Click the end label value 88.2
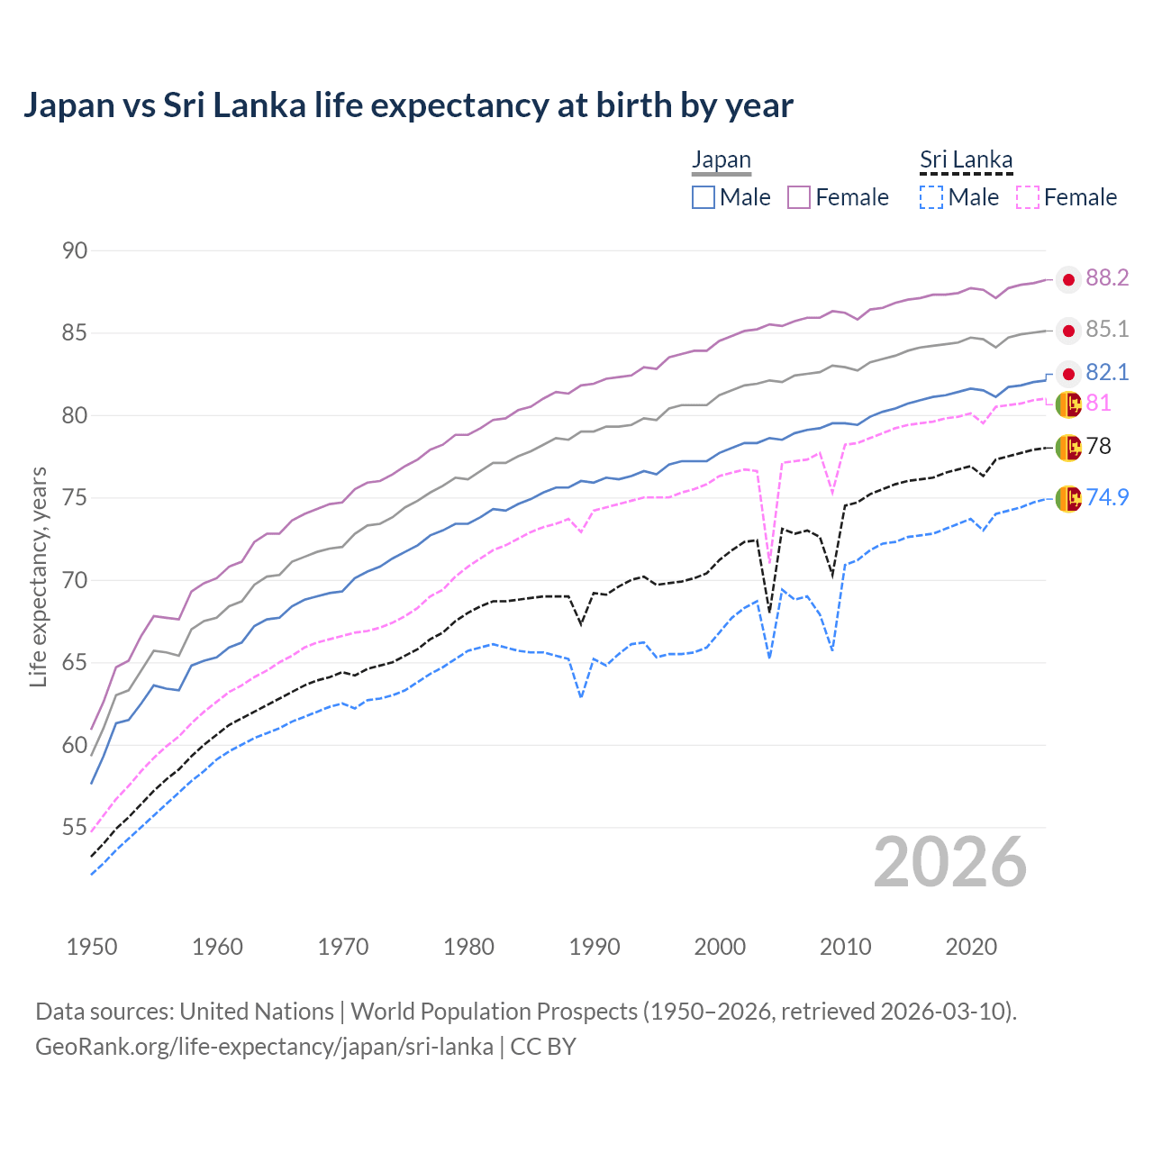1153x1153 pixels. click(x=1107, y=278)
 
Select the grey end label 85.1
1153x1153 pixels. click(x=1107, y=330)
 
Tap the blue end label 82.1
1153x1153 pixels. click(x=1107, y=373)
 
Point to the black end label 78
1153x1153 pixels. click(x=1099, y=447)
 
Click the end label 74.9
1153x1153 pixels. click(x=1107, y=497)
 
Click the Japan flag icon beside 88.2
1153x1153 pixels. click(x=1068, y=280)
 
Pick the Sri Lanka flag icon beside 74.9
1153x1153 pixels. click(x=1068, y=498)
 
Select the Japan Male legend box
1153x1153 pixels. click(x=704, y=197)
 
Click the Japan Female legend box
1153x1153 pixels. click(x=799, y=197)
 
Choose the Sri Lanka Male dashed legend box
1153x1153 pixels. click(x=931, y=197)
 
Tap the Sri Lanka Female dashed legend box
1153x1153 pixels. click(x=1028, y=197)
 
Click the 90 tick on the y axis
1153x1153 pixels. click(x=75, y=250)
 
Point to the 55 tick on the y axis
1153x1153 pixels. click(x=75, y=827)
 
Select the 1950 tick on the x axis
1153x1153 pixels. click(x=92, y=947)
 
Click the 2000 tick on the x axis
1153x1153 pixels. click(x=720, y=947)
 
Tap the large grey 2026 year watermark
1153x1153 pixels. click(x=950, y=862)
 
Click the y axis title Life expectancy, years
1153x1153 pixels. click(x=39, y=576)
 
